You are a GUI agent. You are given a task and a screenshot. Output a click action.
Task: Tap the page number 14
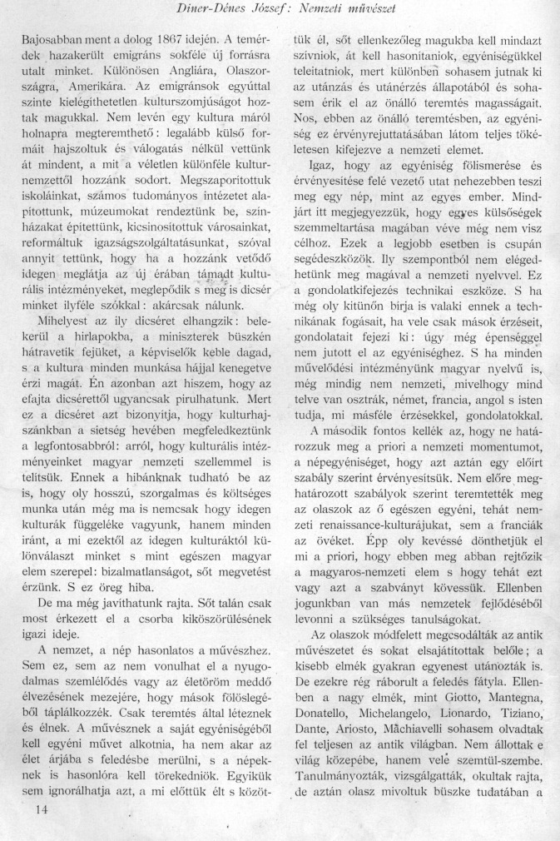point(33,808)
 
